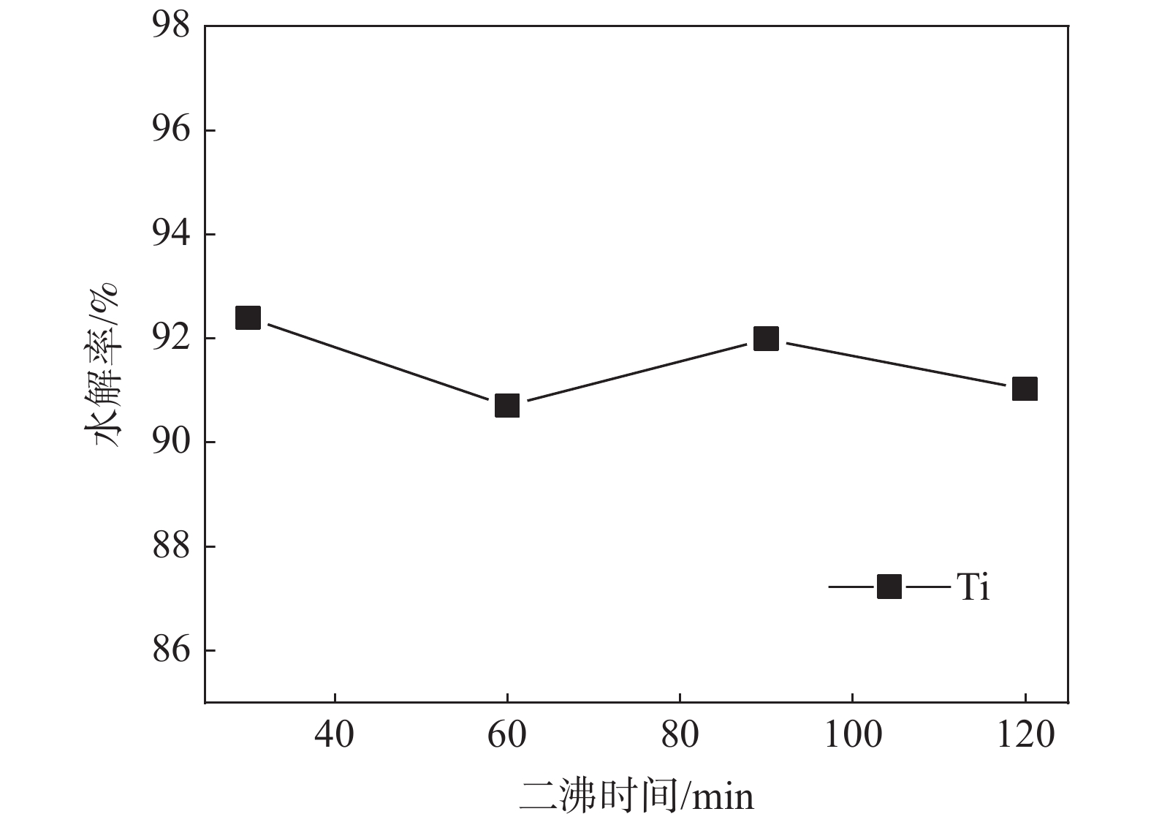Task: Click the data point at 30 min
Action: (248, 318)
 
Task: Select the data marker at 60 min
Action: (507, 405)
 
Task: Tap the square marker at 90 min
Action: (766, 339)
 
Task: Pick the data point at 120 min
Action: (1025, 389)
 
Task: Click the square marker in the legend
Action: (889, 587)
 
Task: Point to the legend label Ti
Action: (973, 587)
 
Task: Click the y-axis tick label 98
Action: (171, 26)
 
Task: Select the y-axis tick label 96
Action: (171, 130)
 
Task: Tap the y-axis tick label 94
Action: (171, 234)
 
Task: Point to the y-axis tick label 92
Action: (171, 339)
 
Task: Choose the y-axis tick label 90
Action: (171, 442)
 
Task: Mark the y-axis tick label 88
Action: (171, 546)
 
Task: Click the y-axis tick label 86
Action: (171, 650)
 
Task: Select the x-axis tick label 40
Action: (335, 734)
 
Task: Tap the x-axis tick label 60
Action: (507, 734)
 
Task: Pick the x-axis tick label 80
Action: (680, 734)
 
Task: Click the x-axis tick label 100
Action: (853, 734)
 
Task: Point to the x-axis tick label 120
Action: (1025, 734)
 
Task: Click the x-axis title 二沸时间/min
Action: (637, 796)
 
